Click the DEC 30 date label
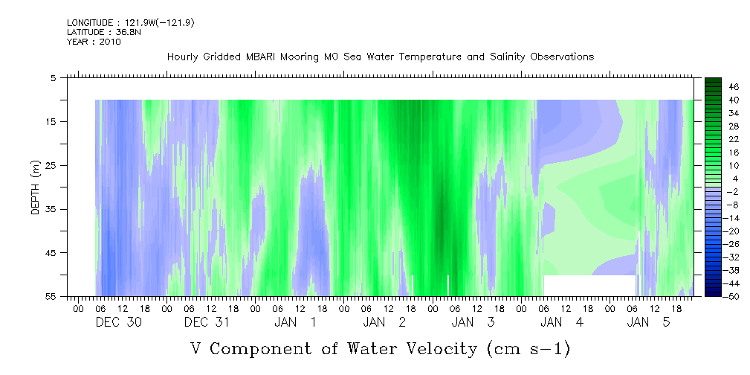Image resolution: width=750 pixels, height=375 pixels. point(119,322)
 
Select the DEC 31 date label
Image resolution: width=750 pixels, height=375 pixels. point(207,322)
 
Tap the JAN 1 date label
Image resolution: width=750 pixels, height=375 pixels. point(295,322)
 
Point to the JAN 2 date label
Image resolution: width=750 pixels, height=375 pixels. point(384,322)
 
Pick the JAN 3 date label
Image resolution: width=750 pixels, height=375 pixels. point(473,322)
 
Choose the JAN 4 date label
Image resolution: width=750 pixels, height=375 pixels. point(562,322)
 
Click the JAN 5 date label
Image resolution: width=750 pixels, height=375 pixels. point(649,322)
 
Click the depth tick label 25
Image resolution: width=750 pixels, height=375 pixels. point(49,165)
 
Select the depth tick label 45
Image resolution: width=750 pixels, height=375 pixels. point(49,252)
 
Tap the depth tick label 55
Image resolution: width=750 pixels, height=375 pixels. point(49,296)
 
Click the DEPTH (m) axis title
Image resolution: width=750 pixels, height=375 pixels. point(36,187)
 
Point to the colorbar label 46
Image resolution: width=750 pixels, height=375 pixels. point(734,87)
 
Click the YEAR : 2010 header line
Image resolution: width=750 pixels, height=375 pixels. point(94,42)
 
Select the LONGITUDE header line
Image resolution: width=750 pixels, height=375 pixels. point(131,22)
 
